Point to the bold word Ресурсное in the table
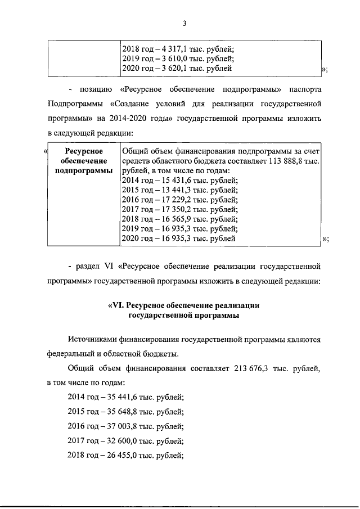[x=83, y=151]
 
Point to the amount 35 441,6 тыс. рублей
[x=134, y=397]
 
